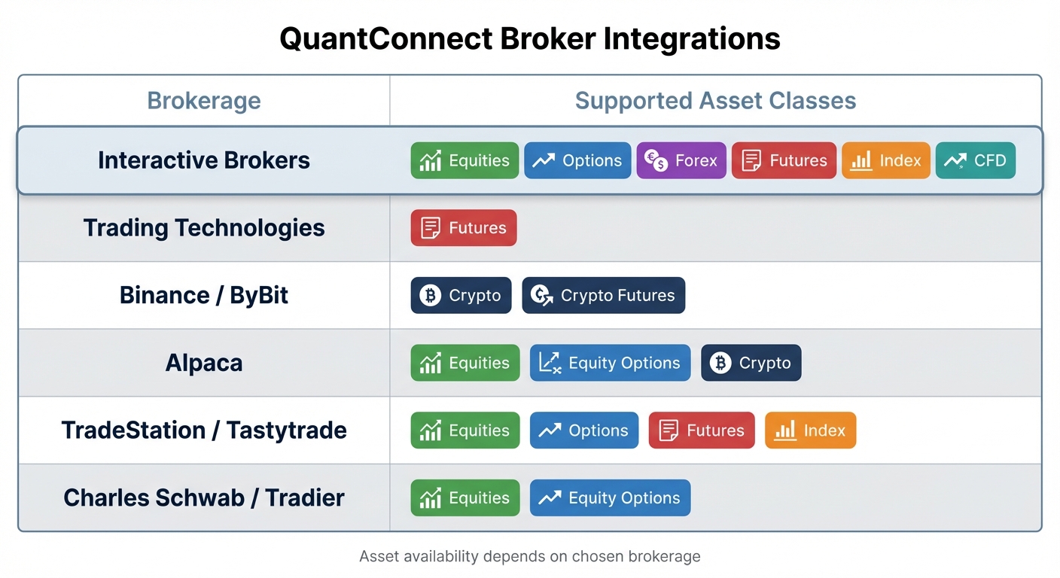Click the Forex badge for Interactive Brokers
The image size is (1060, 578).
(x=681, y=160)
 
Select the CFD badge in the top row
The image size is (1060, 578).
(x=975, y=160)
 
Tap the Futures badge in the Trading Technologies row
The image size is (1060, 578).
(x=464, y=228)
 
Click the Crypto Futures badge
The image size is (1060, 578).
(x=603, y=296)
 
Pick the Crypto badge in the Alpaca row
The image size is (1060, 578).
(x=751, y=364)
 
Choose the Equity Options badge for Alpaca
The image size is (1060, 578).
(x=610, y=364)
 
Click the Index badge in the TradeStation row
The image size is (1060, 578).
(x=810, y=430)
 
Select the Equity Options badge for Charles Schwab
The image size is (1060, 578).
(x=610, y=498)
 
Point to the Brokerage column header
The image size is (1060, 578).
(x=204, y=101)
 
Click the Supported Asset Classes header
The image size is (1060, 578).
(x=715, y=101)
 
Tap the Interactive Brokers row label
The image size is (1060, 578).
(x=204, y=160)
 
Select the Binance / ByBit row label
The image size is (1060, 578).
(x=204, y=295)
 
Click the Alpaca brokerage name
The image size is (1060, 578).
(x=204, y=363)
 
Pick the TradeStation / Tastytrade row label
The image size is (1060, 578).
(x=204, y=430)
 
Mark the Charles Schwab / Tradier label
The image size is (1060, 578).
(x=204, y=498)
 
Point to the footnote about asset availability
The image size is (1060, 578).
(x=529, y=557)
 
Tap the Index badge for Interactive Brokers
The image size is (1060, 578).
(x=885, y=160)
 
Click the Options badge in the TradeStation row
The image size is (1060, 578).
(x=583, y=430)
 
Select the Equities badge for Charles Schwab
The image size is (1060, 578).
(x=465, y=498)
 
